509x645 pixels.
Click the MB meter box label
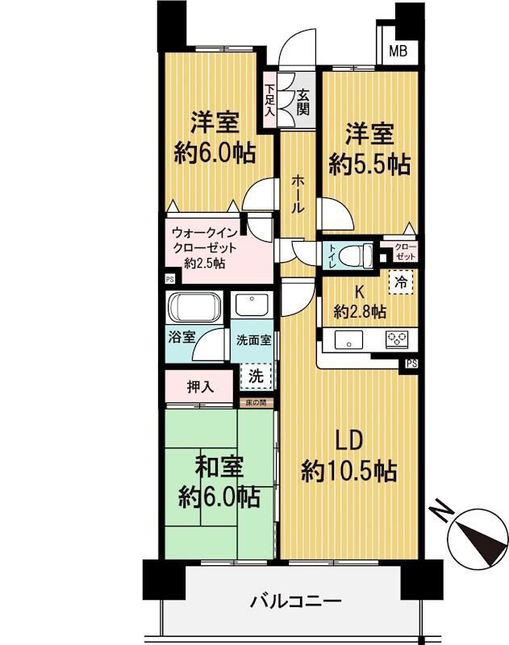coord(398,51)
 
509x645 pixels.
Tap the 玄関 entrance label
coord(302,102)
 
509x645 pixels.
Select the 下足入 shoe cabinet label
coord(269,100)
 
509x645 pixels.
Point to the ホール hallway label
coord(298,193)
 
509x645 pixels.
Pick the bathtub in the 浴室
coord(194,307)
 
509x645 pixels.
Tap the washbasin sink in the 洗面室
coord(252,306)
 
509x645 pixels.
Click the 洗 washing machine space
coord(256,376)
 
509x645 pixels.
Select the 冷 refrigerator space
coord(401,282)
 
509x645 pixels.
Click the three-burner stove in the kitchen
coord(397,340)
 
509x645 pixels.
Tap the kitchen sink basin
coord(349,340)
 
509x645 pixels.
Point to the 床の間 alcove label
coord(257,402)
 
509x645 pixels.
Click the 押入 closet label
coord(200,386)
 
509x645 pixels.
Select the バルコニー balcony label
coord(296,601)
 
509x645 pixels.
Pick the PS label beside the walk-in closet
coord(170,279)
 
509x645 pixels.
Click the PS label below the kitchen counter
coord(411,364)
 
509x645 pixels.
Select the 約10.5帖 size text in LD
coord(349,472)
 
